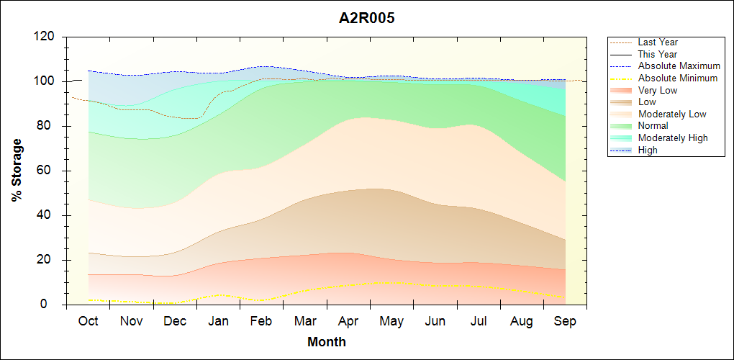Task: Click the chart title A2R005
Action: pyautogui.click(x=366, y=18)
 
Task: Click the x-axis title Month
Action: pyautogui.click(x=327, y=342)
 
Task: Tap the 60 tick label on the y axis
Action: pyautogui.click(x=49, y=171)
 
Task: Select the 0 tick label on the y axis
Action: pyautogui.click(x=53, y=305)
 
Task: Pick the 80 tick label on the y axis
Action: pyautogui.click(x=49, y=126)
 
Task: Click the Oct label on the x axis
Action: pyautogui.click(x=88, y=321)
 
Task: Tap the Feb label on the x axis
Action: pyautogui.click(x=261, y=321)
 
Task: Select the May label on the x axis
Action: pyautogui.click(x=391, y=321)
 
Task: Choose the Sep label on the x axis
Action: pyautogui.click(x=565, y=321)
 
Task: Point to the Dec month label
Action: pyautogui.click(x=175, y=321)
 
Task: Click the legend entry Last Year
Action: pyautogui.click(x=658, y=42)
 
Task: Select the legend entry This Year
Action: pyautogui.click(x=658, y=54)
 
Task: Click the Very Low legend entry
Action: pyautogui.click(x=658, y=90)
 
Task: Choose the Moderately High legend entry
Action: pyautogui.click(x=673, y=138)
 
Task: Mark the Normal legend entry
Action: pyautogui.click(x=653, y=126)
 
